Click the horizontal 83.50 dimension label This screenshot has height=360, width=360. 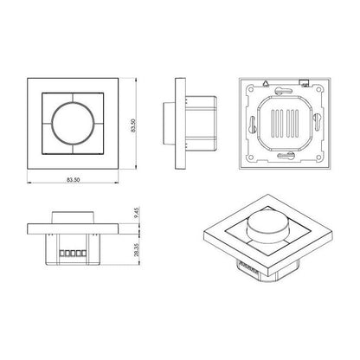74,179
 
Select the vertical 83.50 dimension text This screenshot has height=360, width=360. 133,125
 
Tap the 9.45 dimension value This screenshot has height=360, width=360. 137,213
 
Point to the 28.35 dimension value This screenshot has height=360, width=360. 137,249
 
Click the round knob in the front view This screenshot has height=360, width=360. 74,124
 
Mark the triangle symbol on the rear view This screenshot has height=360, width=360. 266,83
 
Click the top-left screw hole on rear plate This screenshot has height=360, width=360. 251,89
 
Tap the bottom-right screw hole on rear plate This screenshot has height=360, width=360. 317,157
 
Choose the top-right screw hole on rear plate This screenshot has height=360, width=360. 317,89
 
